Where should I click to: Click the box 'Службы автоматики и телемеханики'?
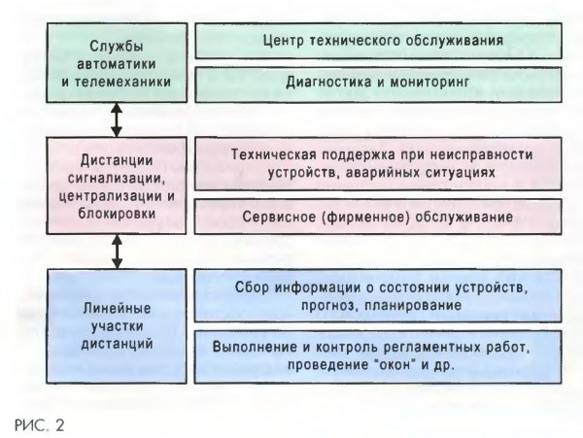click(x=117, y=63)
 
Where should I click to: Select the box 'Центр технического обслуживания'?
click(x=378, y=41)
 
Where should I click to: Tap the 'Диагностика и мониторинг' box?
click(x=378, y=84)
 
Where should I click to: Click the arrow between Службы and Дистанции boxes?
click(x=117, y=119)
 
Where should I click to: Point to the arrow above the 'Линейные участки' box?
click(x=118, y=252)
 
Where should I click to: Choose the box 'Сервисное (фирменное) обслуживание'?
click(x=378, y=217)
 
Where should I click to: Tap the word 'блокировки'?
click(x=117, y=214)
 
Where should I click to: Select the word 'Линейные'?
click(x=118, y=308)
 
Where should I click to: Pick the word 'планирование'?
click(x=413, y=305)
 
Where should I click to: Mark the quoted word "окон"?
click(x=394, y=365)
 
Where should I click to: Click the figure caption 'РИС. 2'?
click(x=40, y=425)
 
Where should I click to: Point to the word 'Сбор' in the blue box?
click(x=251, y=287)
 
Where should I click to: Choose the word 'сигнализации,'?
click(x=117, y=179)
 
